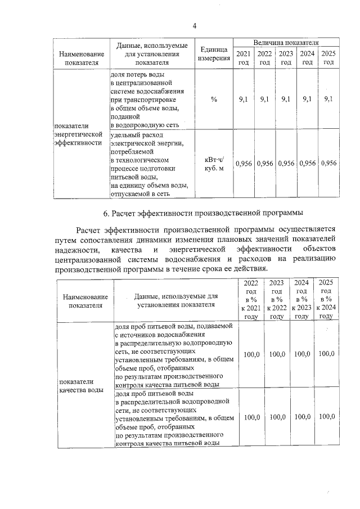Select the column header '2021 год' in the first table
pos(244,58)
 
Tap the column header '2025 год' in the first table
pos(328,58)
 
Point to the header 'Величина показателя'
pos(286,43)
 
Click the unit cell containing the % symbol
pos(214,99)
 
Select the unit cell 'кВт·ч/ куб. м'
pos(214,164)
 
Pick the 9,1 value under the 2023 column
pos(286,99)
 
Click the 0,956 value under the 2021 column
pos(244,164)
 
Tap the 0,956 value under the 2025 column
pos(328,164)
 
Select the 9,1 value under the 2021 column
pos(244,99)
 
